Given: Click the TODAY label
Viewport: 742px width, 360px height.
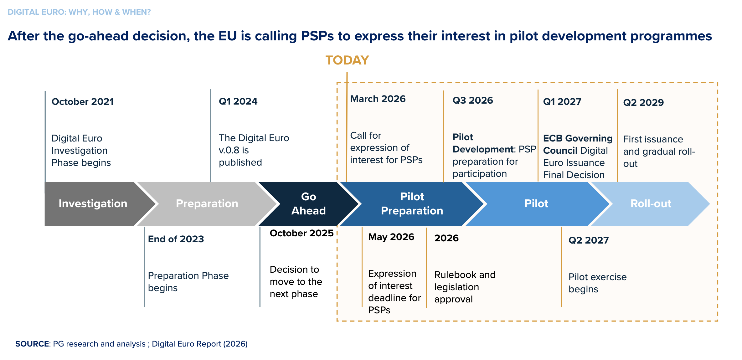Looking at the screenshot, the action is coord(347,60).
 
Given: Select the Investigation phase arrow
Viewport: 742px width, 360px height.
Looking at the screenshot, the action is coord(93,203).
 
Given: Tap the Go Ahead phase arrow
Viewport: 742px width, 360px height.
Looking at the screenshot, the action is coord(308,203).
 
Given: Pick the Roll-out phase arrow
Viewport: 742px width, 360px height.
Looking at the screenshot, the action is coord(651,203).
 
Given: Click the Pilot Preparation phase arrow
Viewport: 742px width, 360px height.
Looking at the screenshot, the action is coord(412,203).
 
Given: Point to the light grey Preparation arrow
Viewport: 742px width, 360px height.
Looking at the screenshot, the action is coord(207,203).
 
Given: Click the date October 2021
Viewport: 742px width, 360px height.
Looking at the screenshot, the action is coord(83,102).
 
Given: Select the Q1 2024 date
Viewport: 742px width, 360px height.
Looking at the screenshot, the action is coord(238,101).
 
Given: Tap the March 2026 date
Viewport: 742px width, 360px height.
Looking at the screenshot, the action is coord(378,99).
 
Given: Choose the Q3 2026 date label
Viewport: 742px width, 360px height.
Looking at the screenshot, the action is coord(472,100).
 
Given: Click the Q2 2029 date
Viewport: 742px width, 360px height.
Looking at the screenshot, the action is coord(643,102).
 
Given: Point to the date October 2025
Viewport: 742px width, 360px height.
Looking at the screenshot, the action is coord(301,233).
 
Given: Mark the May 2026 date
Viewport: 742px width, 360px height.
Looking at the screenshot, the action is coord(391,237).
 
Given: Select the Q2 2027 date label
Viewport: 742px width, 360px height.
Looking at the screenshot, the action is coord(588,240).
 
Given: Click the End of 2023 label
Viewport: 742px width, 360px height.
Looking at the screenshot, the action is coord(176,239).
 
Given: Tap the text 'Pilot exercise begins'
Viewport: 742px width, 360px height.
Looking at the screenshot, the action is coord(597,283).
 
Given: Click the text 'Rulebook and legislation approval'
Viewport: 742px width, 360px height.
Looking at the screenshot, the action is coord(465,287).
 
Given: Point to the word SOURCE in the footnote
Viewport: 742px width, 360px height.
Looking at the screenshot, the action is coord(32,344).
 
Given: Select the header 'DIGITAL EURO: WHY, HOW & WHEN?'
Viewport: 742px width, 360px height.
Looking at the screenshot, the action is coord(79,12).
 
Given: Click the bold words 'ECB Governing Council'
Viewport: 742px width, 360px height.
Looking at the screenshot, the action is coord(577,144).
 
